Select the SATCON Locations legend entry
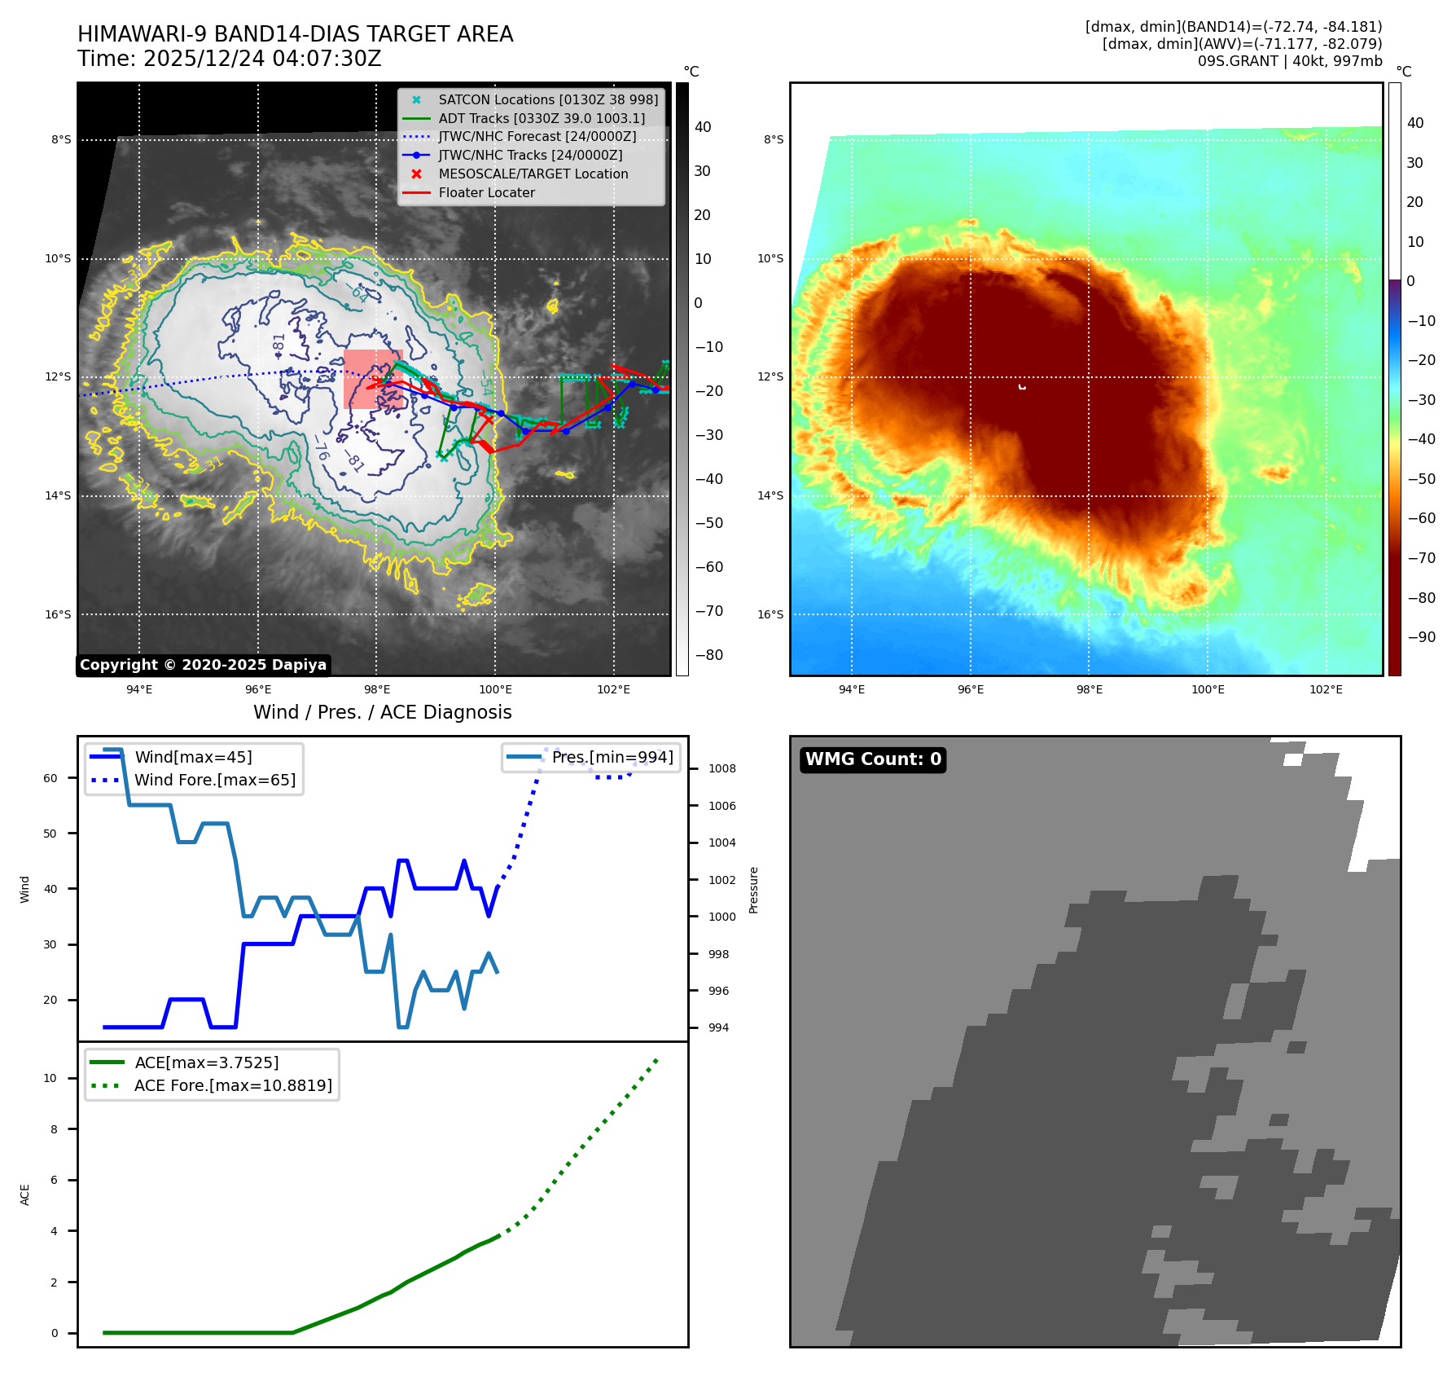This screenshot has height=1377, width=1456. (x=547, y=99)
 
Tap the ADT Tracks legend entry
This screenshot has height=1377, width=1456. (x=541, y=118)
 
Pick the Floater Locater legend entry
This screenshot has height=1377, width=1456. (x=486, y=193)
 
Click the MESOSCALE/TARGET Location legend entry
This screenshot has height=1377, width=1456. (x=533, y=174)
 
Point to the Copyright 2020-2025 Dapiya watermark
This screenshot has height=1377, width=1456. (x=203, y=665)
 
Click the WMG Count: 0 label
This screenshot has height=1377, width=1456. (x=873, y=759)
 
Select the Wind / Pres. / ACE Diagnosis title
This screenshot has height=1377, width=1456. (x=382, y=712)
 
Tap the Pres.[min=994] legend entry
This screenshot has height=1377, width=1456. (x=612, y=758)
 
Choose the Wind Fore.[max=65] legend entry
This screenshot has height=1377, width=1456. (x=214, y=781)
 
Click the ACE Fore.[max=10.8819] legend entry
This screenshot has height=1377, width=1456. (x=233, y=1086)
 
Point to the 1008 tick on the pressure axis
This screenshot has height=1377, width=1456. (x=721, y=769)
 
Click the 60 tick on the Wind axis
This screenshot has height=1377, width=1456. (x=50, y=778)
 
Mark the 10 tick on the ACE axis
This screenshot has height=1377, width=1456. (x=50, y=1078)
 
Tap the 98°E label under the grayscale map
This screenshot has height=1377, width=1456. (x=376, y=690)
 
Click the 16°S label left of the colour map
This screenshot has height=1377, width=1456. (x=770, y=615)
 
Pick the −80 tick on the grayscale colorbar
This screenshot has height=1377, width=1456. (x=708, y=655)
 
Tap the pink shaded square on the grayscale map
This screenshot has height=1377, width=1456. (x=372, y=380)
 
